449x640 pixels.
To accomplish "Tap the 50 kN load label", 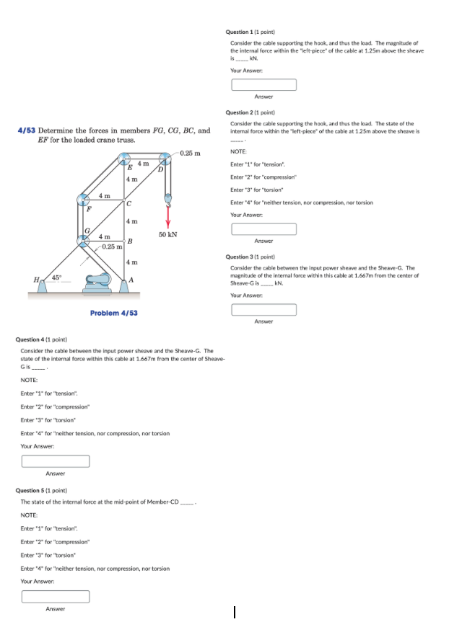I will coord(168,235).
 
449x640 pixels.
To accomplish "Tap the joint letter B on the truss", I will coord(130,240).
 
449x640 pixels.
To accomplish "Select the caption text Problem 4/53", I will coord(113,313).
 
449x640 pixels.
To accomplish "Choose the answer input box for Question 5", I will coord(56,597).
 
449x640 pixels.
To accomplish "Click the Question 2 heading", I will coord(250,112).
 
